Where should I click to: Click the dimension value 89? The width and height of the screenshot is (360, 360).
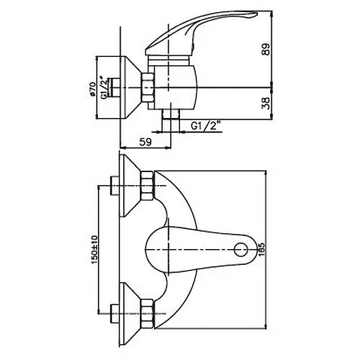pos(266,50)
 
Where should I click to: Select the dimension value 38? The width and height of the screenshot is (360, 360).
pos(266,103)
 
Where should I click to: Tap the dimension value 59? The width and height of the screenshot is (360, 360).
pos(145,142)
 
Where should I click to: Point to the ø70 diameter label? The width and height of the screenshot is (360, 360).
pos(92,89)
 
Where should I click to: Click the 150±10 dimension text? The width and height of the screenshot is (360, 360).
pos(94,250)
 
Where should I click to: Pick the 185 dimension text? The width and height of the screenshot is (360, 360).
pos(261,250)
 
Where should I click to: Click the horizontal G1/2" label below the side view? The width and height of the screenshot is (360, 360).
pos(206,126)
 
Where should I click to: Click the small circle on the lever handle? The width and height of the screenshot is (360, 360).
pos(240,250)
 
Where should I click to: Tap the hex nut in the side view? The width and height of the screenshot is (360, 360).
pos(148,87)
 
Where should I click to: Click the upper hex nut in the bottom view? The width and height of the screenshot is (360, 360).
pos(147,186)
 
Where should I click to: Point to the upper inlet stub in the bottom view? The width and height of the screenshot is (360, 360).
pos(114,186)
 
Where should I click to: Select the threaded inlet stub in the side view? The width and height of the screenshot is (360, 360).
pos(114,88)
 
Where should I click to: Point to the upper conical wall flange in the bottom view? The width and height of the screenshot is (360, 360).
pos(130,186)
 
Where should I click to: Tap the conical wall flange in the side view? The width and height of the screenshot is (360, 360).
pos(131,88)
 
